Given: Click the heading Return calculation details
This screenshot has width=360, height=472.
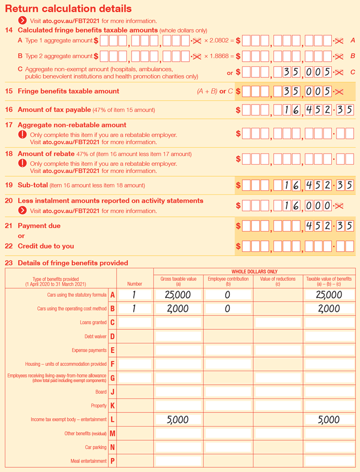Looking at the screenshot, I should pos(68,9).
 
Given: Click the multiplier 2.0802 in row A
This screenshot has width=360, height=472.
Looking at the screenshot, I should pos(222,41).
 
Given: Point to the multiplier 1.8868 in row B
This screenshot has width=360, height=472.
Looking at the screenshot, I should pos(222,56).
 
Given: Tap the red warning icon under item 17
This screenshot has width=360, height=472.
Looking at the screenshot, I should pos(22,134).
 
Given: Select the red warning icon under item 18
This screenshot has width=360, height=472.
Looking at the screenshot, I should pos(22,163).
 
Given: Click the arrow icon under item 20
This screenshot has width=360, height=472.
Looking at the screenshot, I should pos(22,211).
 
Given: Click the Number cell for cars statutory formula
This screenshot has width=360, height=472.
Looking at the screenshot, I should pos(134,295).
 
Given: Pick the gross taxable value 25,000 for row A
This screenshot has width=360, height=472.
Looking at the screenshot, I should pos(178,295).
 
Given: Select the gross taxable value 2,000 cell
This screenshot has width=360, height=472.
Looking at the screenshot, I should pos(178,309).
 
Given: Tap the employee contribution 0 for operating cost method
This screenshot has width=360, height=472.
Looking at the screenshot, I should pos(228,309).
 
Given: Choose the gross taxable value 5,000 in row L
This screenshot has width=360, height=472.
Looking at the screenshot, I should pos(178,420).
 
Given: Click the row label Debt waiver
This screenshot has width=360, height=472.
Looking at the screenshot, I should pos(96,337).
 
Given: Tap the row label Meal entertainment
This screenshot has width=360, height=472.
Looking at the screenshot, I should pos(89,461).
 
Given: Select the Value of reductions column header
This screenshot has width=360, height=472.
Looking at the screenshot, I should pos(277,282).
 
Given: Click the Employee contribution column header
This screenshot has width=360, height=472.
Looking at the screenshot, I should pos(228,282).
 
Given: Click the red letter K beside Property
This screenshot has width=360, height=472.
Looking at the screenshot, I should pos(112,406).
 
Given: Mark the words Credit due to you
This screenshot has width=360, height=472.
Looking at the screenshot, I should pos(46,246).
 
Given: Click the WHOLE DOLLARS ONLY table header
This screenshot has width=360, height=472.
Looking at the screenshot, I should pos(254,272).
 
